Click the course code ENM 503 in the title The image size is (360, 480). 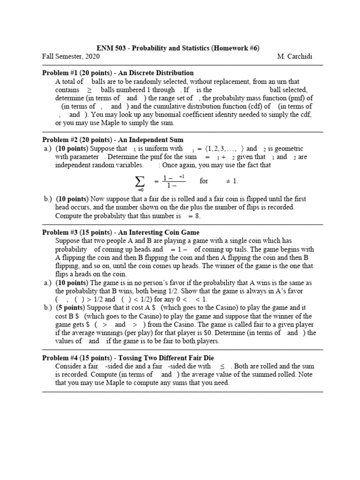pyautogui.click(x=112, y=48)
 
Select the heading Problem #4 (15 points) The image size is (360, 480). pyautogui.click(x=81, y=358)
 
